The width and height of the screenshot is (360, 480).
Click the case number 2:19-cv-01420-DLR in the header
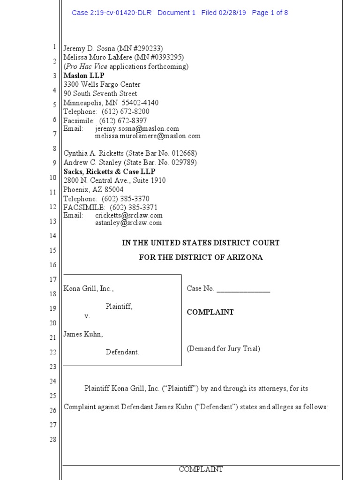point(112,13)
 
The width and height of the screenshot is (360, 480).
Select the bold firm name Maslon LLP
point(84,75)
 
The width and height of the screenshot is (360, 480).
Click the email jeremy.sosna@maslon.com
point(137,128)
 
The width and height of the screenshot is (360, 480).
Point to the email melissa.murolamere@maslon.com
point(147,136)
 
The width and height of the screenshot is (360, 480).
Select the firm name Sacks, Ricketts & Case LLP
point(109,172)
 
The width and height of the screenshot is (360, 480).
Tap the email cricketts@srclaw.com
point(128,215)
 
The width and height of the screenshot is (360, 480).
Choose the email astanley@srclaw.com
point(128,223)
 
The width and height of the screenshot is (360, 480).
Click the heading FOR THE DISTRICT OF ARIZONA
point(201,257)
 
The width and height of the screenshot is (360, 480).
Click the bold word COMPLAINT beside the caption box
point(210,312)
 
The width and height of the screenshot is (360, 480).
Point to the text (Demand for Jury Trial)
point(223,348)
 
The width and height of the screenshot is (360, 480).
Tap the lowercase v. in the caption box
point(87,316)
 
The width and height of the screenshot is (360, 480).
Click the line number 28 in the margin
point(52,440)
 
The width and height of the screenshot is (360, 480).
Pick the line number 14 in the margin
point(52,236)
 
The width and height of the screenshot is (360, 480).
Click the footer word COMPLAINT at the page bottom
point(201,469)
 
